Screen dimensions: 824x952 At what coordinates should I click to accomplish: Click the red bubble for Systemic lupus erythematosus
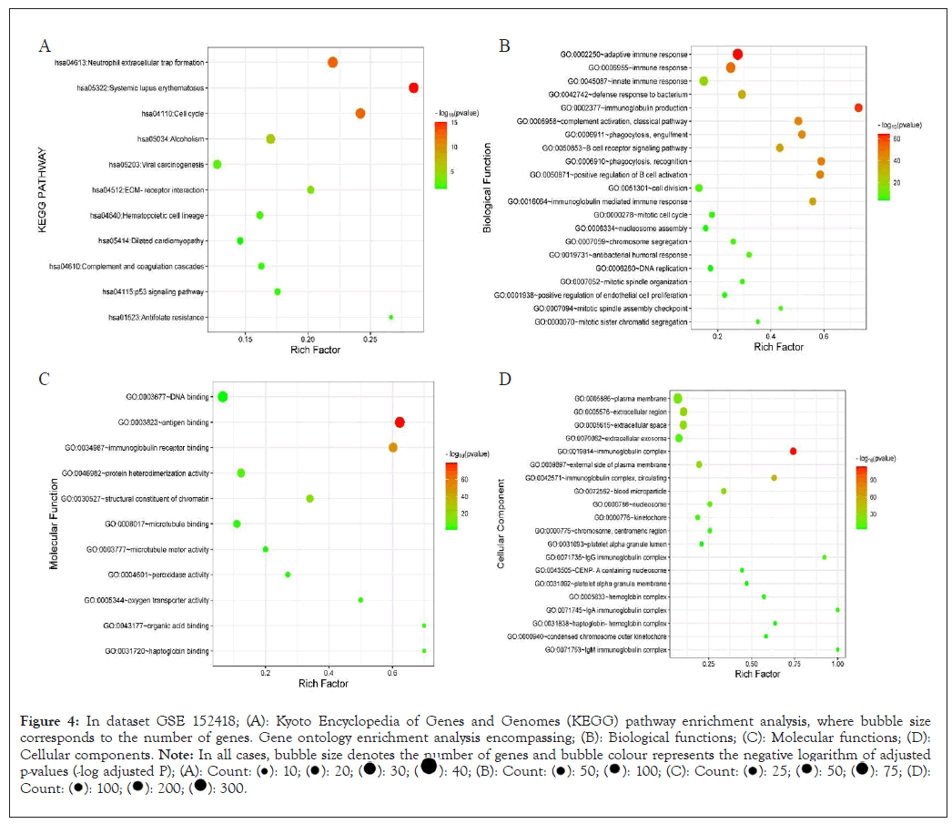(x=413, y=87)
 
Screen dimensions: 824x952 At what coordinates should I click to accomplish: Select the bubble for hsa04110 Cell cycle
(x=360, y=113)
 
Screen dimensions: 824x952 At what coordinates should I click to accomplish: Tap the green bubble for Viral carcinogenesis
(x=217, y=164)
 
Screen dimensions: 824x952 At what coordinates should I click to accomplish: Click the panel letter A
(x=44, y=46)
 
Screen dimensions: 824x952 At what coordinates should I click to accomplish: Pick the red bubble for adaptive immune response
(x=737, y=55)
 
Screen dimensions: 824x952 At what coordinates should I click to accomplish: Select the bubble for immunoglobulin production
(x=858, y=107)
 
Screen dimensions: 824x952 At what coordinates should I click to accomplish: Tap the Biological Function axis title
(x=489, y=188)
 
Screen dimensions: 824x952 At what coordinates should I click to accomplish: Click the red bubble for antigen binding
(x=400, y=422)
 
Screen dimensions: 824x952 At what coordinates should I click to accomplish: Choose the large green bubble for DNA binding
(x=222, y=396)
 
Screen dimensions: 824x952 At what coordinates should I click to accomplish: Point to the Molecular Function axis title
(x=54, y=523)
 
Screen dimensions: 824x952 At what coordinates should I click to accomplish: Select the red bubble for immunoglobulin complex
(x=794, y=452)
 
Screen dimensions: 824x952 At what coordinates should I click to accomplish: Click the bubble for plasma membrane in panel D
(x=677, y=399)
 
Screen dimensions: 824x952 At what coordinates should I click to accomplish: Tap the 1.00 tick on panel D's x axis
(x=837, y=665)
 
